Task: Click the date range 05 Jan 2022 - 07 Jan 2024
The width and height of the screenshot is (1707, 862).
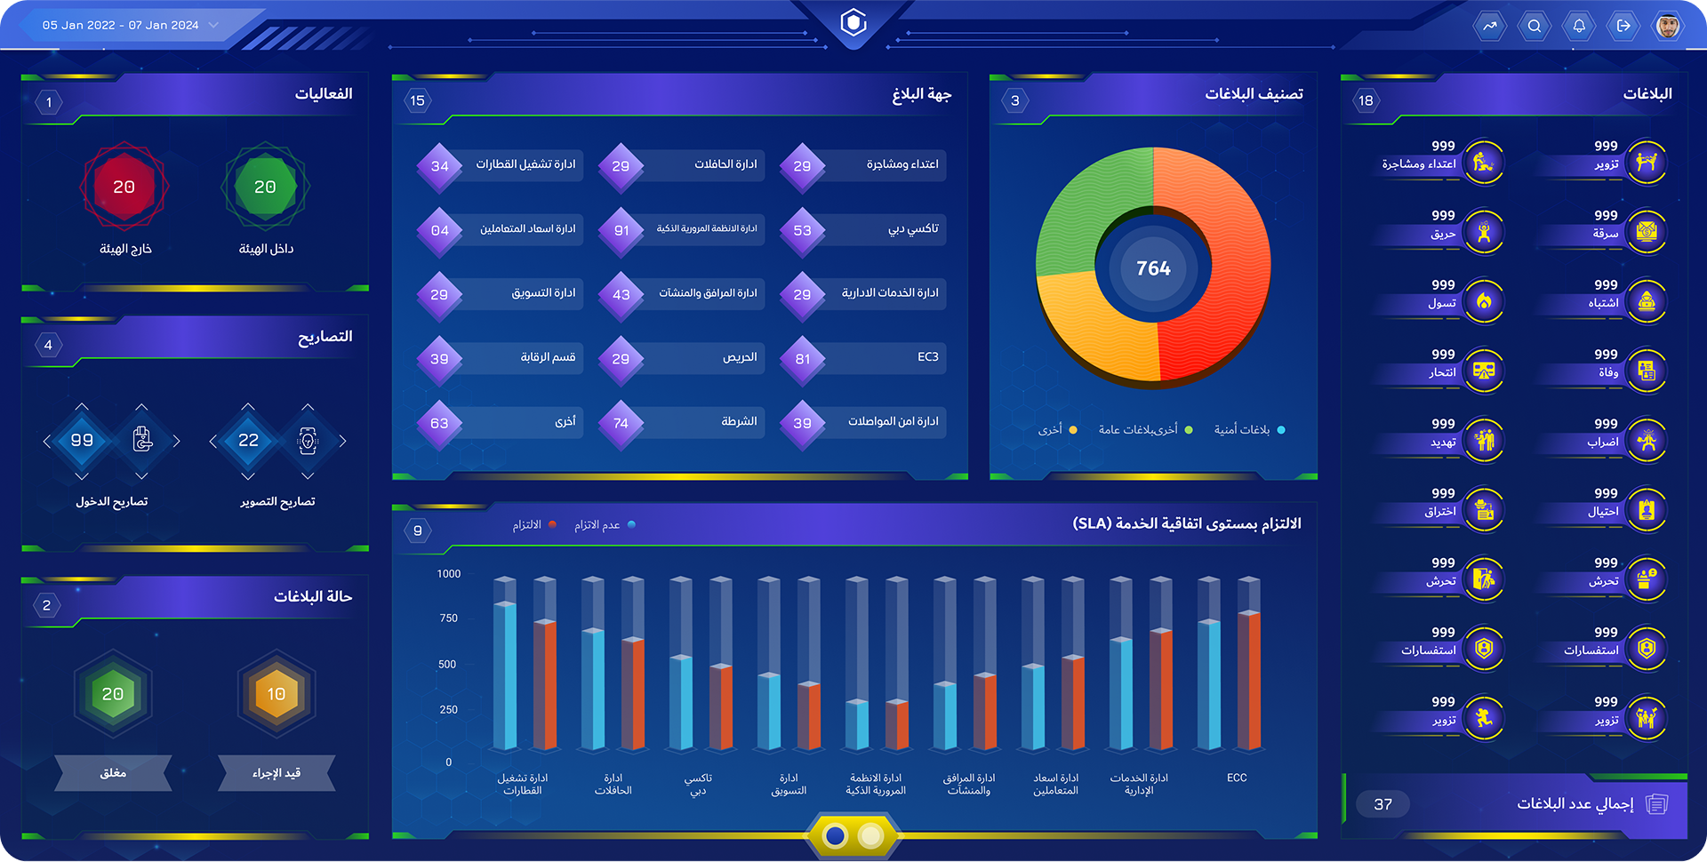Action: pos(121,25)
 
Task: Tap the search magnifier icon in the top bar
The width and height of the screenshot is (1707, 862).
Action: pos(1535,26)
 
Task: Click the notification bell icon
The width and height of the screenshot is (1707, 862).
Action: pos(1579,26)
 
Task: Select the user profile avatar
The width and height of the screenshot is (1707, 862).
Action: pos(1668,26)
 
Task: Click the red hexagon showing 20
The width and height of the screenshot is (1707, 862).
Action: pos(124,187)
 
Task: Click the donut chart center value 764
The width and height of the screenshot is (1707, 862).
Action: pos(1153,268)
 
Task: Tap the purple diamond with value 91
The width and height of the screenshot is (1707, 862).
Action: pos(621,230)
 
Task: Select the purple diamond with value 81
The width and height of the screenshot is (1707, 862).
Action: pos(802,359)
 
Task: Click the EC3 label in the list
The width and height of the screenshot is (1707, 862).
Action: pos(927,356)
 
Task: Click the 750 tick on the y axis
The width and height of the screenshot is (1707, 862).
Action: pos(449,619)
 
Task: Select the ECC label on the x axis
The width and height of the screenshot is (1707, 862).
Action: pos(1237,778)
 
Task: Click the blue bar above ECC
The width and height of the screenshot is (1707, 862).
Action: pos(1208,684)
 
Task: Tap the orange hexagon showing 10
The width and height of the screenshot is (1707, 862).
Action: pos(276,694)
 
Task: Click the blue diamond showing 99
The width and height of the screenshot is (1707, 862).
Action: pos(82,440)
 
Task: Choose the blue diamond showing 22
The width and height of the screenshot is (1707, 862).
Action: pos(248,440)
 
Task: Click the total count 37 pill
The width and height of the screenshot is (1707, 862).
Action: pos(1382,804)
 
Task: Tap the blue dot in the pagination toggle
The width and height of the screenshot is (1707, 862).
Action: pos(835,835)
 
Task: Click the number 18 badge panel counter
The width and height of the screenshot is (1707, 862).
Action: pos(1366,100)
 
